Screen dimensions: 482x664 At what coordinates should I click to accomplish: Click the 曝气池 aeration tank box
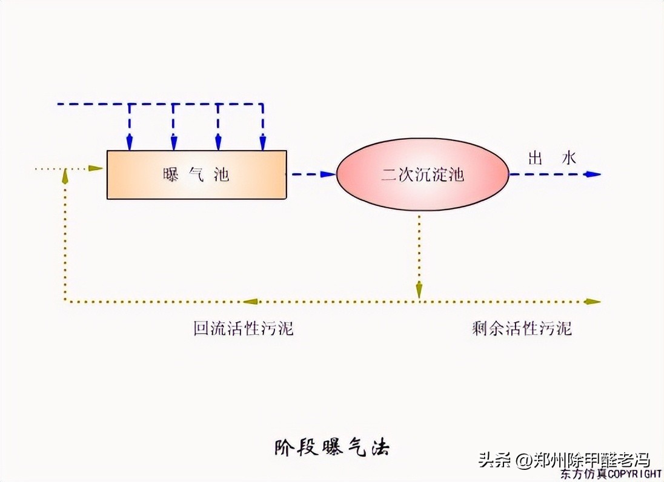[196, 174]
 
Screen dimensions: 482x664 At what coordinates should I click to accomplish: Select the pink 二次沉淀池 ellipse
[422, 174]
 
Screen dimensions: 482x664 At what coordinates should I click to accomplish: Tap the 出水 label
[552, 159]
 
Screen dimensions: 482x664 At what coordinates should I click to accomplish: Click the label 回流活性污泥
[244, 329]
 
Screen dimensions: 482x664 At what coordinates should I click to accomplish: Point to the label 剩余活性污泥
[522, 329]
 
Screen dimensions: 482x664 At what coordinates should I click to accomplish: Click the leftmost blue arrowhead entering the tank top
[129, 143]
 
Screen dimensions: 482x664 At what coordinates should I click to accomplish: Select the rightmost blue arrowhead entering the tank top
[262, 143]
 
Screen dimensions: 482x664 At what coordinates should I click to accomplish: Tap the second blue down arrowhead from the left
[174, 143]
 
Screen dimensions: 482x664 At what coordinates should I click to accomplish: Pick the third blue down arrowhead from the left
[218, 143]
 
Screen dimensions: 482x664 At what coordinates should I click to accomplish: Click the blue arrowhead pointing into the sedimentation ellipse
[328, 174]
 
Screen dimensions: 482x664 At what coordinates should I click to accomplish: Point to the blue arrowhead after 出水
[593, 174]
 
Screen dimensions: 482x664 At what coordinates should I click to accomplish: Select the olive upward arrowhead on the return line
[65, 176]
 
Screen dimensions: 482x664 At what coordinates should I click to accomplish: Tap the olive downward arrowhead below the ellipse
[419, 291]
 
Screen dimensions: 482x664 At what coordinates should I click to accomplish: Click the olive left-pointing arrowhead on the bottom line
[251, 301]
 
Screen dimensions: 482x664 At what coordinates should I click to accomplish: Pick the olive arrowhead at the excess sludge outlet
[593, 301]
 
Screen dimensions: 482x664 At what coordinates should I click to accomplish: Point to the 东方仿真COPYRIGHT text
[610, 473]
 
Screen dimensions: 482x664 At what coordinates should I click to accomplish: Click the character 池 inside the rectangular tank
[222, 174]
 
